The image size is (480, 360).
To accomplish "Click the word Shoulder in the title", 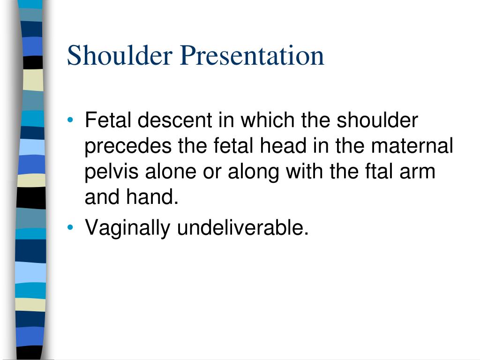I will click(120, 56).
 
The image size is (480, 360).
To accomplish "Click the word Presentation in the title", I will click(252, 56).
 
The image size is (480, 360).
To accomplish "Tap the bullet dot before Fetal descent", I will click(70, 121).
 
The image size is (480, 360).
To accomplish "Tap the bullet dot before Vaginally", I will click(70, 228).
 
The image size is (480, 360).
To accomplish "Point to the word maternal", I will click(412, 147).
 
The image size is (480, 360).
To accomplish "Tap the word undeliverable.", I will click(243, 228).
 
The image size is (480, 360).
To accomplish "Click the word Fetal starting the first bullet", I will click(108, 121).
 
